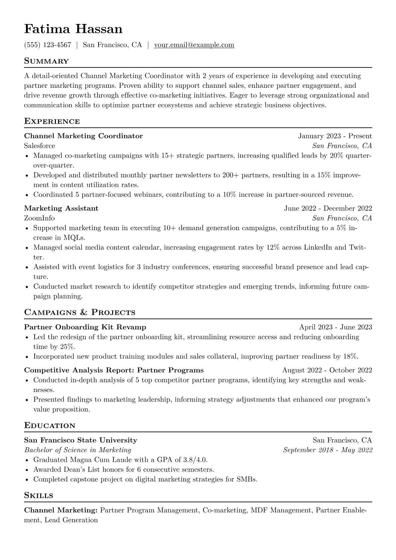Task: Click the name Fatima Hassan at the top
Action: pyautogui.click(x=73, y=29)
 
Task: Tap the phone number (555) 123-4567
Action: pyautogui.click(x=48, y=45)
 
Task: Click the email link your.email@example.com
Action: pyautogui.click(x=194, y=45)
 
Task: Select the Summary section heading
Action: pyautogui.click(x=47, y=61)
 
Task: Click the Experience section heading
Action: pyautogui.click(x=52, y=121)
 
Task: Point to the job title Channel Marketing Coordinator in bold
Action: pyautogui.click(x=84, y=136)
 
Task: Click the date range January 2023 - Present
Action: pyautogui.click(x=335, y=136)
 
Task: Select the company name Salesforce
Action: pyautogui.click(x=40, y=146)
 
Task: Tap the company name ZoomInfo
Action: pyautogui.click(x=39, y=218)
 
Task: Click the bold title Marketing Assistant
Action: pyautogui.click(x=61, y=208)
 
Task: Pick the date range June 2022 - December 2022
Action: pyautogui.click(x=328, y=208)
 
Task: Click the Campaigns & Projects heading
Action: pyautogui.click(x=80, y=312)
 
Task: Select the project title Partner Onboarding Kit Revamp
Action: pyautogui.click(x=85, y=327)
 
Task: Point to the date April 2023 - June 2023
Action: pyautogui.click(x=335, y=327)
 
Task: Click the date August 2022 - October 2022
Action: pyautogui.click(x=327, y=370)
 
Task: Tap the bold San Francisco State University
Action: pyautogui.click(x=81, y=440)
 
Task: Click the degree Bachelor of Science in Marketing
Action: pyautogui.click(x=78, y=450)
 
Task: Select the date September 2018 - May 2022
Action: pyautogui.click(x=327, y=450)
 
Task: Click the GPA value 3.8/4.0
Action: pyautogui.click(x=195, y=460)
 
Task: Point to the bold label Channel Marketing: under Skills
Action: pyautogui.click(x=61, y=510)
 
